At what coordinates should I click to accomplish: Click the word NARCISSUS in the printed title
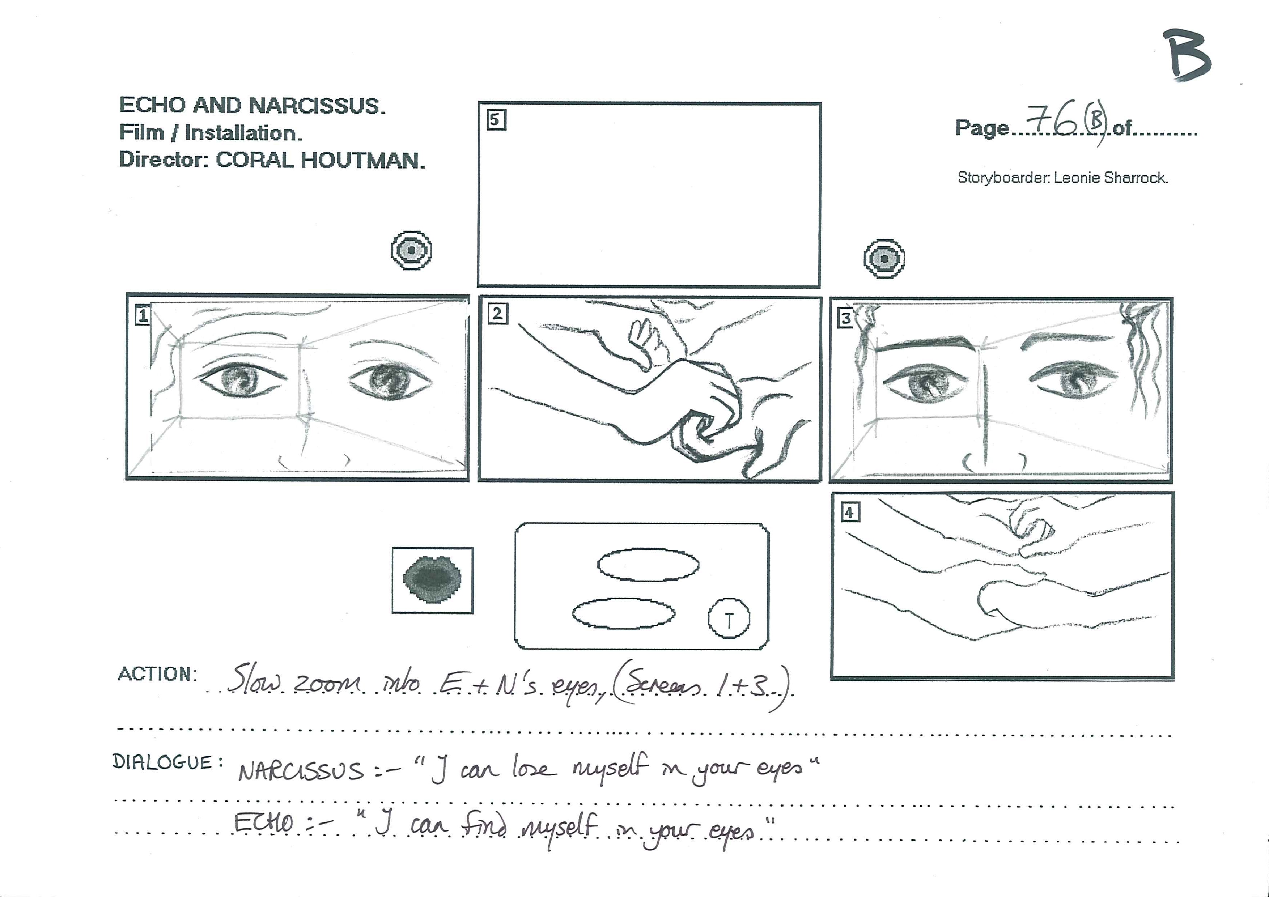pos(317,106)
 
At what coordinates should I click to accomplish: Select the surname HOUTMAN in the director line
pos(363,160)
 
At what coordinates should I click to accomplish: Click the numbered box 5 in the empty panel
pos(496,119)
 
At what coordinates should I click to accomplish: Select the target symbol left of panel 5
pos(411,250)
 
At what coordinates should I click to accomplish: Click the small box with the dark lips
pos(433,580)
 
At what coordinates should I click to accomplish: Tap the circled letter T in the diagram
pos(729,618)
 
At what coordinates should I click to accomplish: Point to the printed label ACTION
pos(157,674)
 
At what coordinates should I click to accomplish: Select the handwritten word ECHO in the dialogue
pos(264,823)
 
